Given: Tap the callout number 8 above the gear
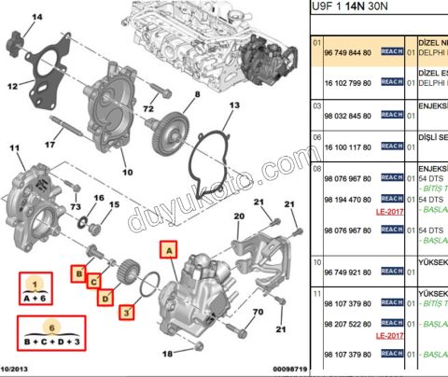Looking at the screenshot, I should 197,95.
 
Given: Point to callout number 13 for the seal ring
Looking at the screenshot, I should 234,105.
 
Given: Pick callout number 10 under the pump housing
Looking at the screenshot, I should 128,172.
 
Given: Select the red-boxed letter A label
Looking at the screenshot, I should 168,249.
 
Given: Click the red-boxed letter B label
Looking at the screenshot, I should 79,273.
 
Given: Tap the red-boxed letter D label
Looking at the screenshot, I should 105,298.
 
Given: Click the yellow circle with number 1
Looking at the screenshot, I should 34,282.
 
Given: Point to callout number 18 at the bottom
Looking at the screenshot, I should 167,354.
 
